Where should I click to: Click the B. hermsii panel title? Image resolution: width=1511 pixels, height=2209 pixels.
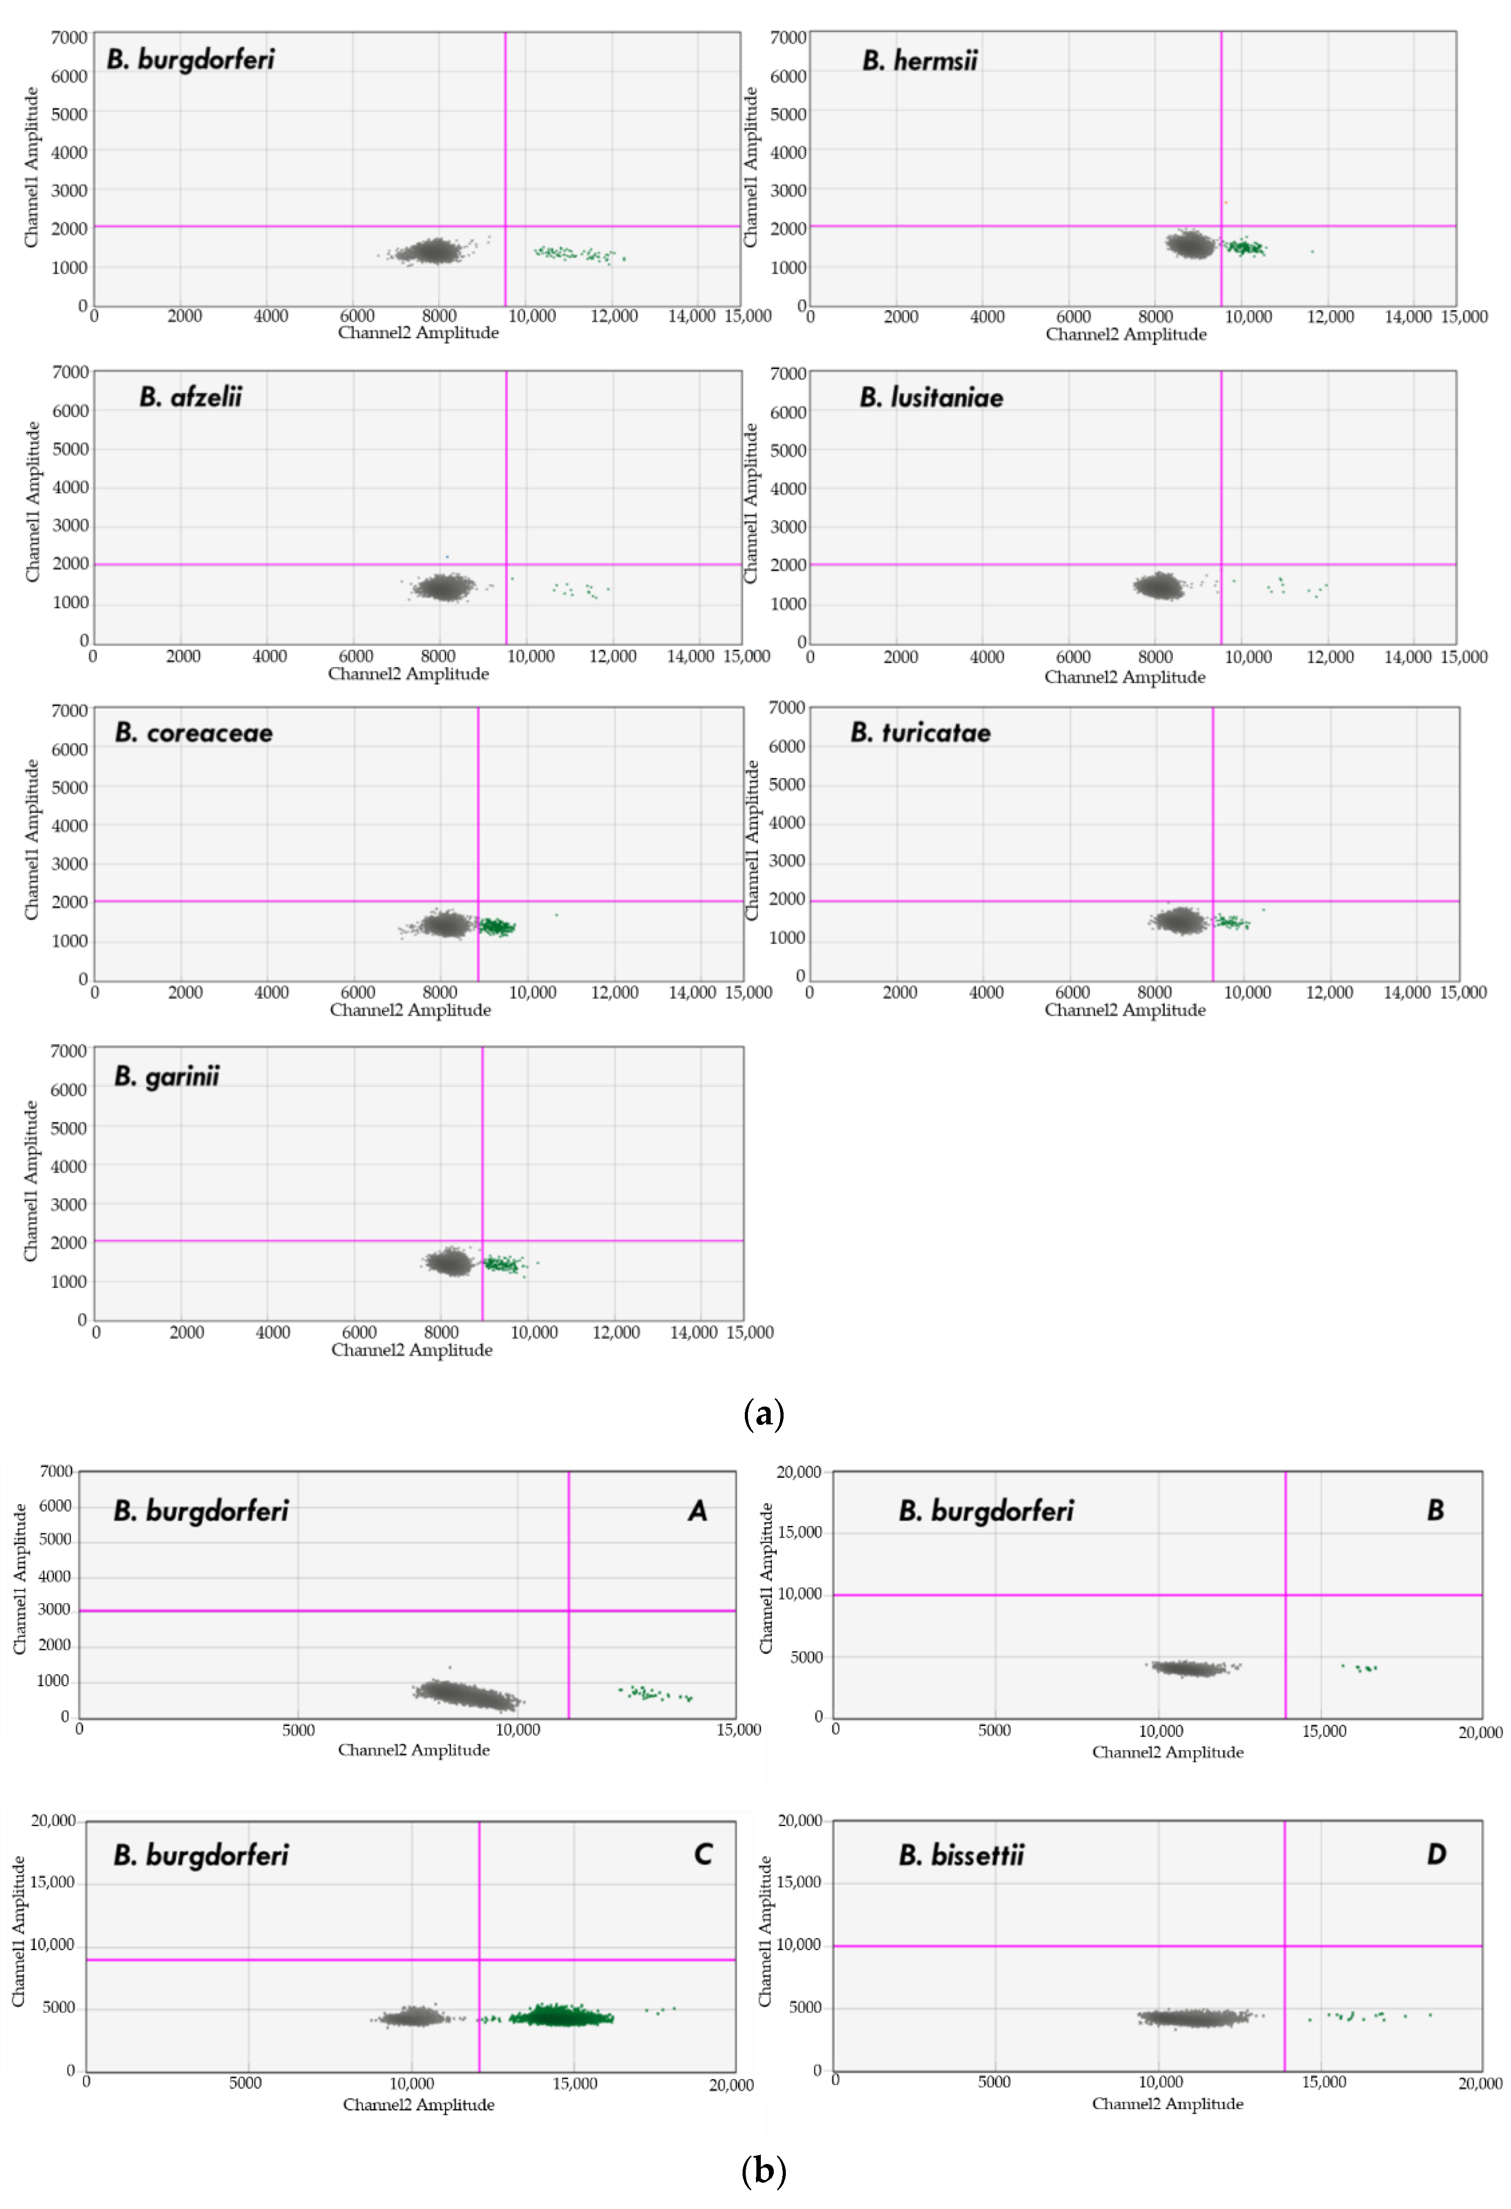(919, 61)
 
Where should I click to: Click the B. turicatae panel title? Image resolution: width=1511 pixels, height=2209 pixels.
(920, 733)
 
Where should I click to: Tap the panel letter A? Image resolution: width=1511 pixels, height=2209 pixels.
(697, 1511)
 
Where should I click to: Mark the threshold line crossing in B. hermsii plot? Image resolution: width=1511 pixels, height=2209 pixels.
(1221, 226)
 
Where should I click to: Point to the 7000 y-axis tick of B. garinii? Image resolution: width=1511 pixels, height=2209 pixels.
(69, 1051)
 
